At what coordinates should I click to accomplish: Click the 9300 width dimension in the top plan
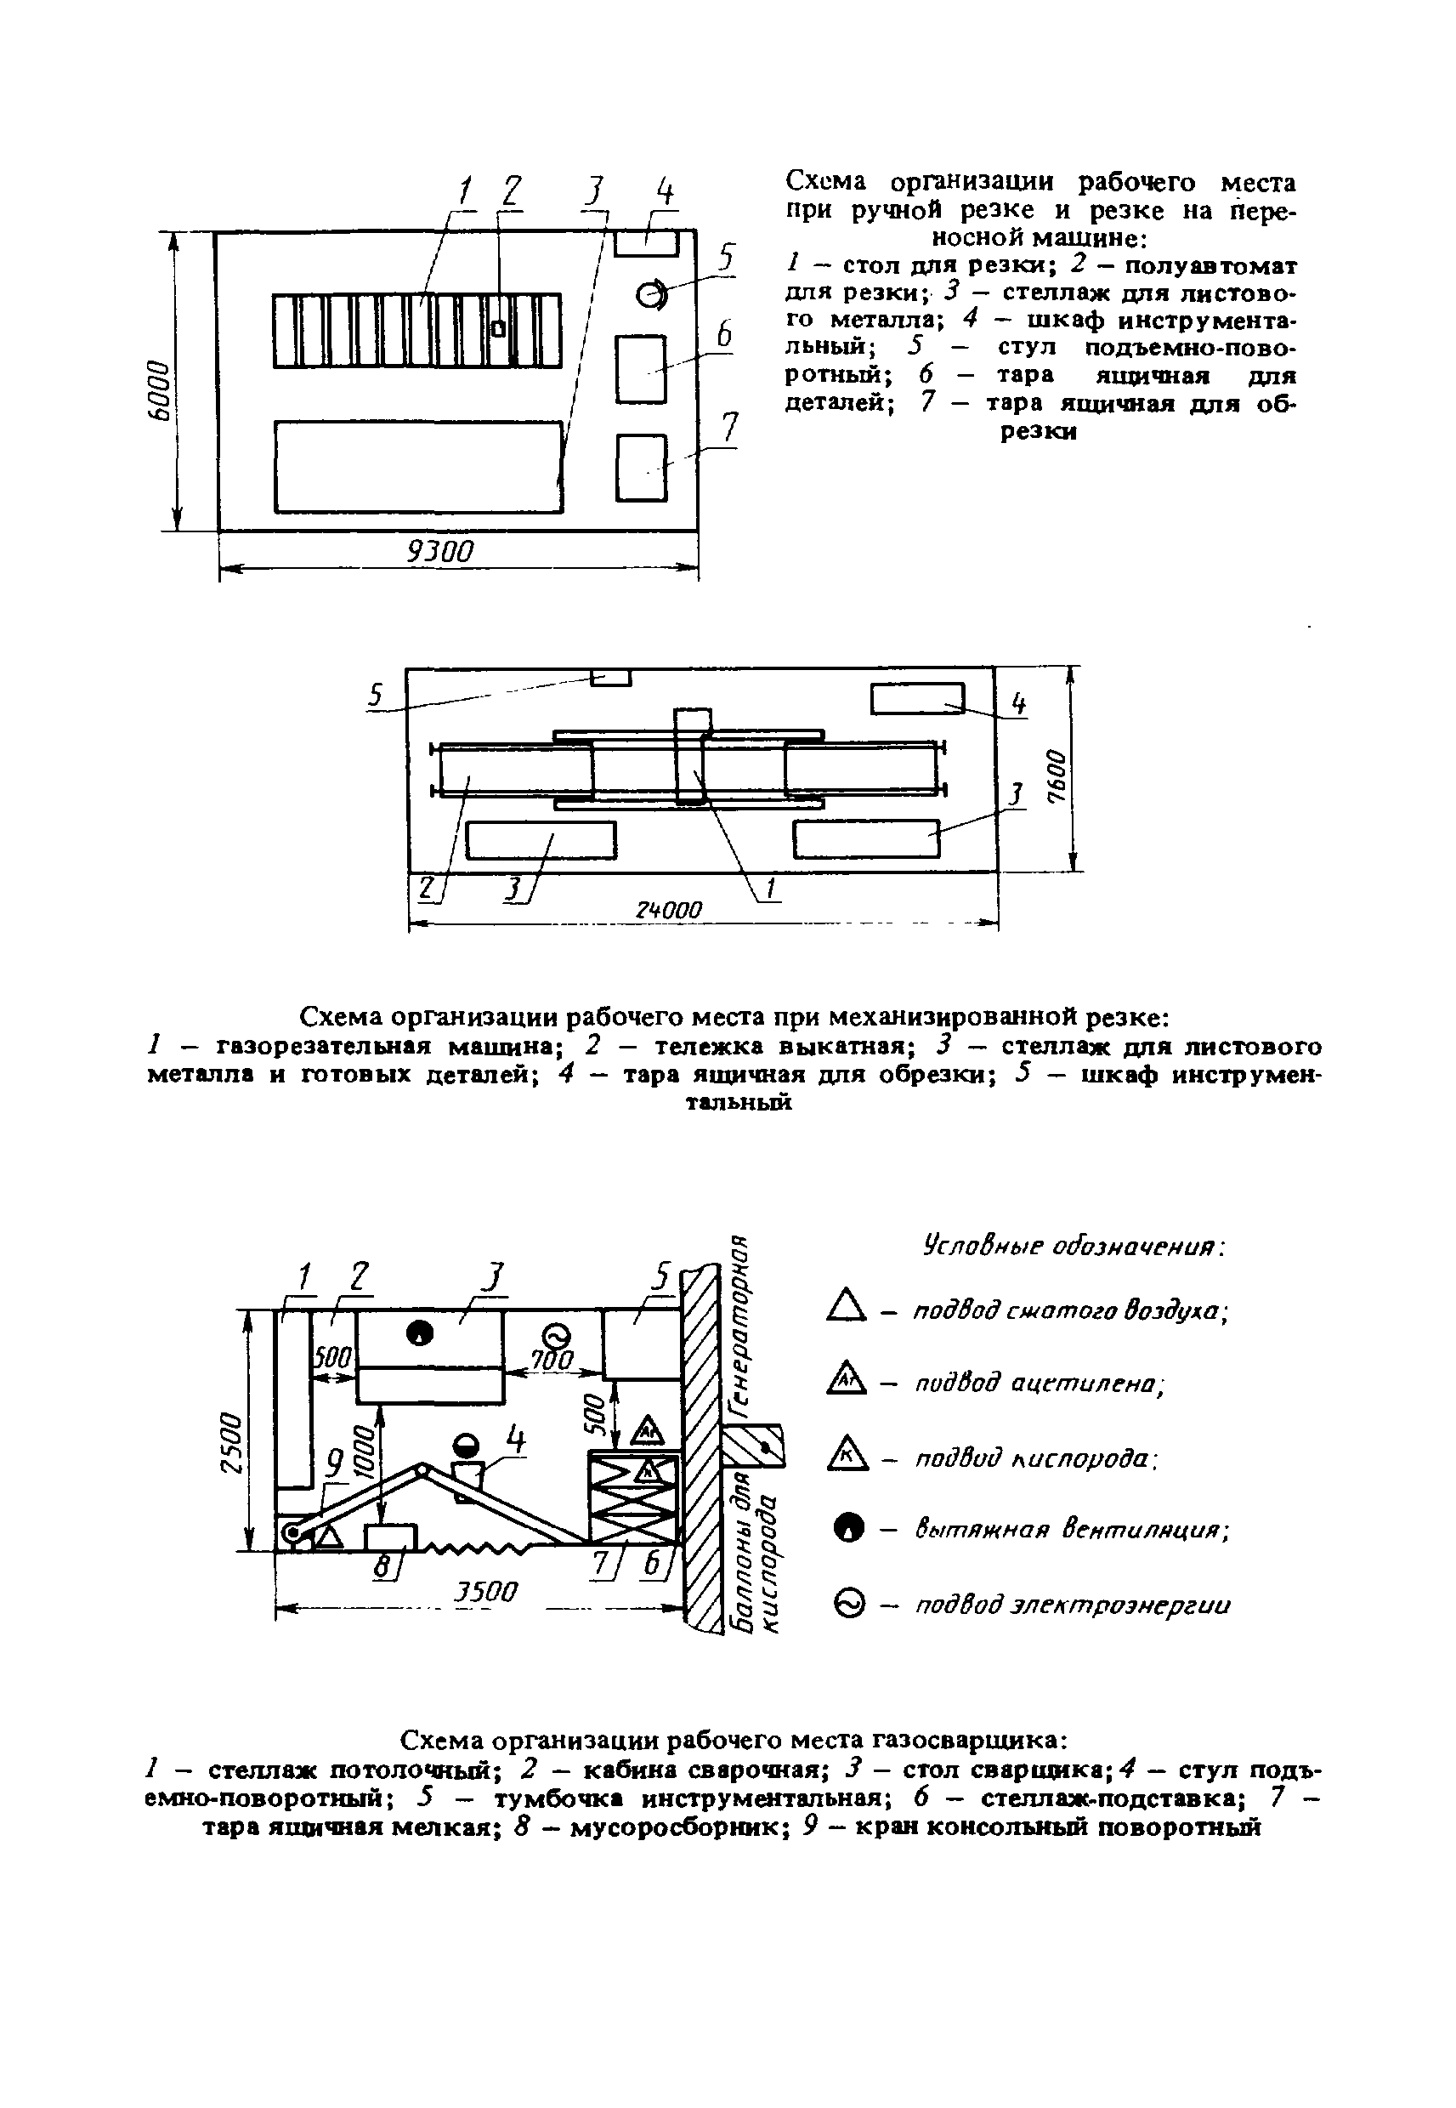click(440, 551)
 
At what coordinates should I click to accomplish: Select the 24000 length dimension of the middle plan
click(670, 910)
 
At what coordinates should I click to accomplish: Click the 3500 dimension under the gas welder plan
click(486, 1592)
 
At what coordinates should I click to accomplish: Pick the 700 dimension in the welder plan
click(552, 1360)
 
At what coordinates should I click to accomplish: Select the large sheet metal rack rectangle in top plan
click(419, 466)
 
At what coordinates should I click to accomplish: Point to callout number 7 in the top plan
click(729, 429)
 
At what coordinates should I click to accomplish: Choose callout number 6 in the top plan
click(723, 334)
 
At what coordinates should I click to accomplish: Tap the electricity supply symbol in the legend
click(848, 1604)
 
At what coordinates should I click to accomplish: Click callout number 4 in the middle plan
click(1018, 703)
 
